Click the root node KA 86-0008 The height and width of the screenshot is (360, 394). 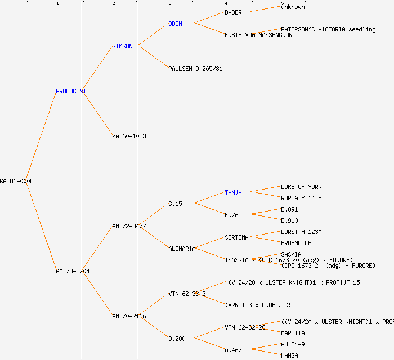coord(17,181)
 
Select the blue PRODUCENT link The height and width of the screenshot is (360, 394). coord(71,91)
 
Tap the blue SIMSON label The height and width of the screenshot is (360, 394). coord(122,46)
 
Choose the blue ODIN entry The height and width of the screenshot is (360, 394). coord(175,24)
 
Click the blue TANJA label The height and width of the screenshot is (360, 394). coord(233,192)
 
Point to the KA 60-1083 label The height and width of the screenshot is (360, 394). coord(129,136)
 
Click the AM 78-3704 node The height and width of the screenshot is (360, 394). coord(73,271)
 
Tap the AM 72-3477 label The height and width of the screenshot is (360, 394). coord(129,226)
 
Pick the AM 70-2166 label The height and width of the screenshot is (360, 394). coord(129,316)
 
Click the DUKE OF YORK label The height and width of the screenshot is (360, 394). coord(301,187)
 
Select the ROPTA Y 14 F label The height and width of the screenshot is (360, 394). coord(301,198)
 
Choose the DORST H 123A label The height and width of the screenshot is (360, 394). coord(301,232)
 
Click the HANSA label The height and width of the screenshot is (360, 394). coord(289,355)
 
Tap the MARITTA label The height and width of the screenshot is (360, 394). coord(293,333)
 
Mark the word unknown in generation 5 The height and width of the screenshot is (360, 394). coord(293,7)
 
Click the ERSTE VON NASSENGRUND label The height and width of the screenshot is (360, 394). coord(260,35)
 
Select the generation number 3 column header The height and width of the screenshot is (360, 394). coord(169,4)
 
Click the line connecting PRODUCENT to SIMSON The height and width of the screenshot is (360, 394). coord(99,69)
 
